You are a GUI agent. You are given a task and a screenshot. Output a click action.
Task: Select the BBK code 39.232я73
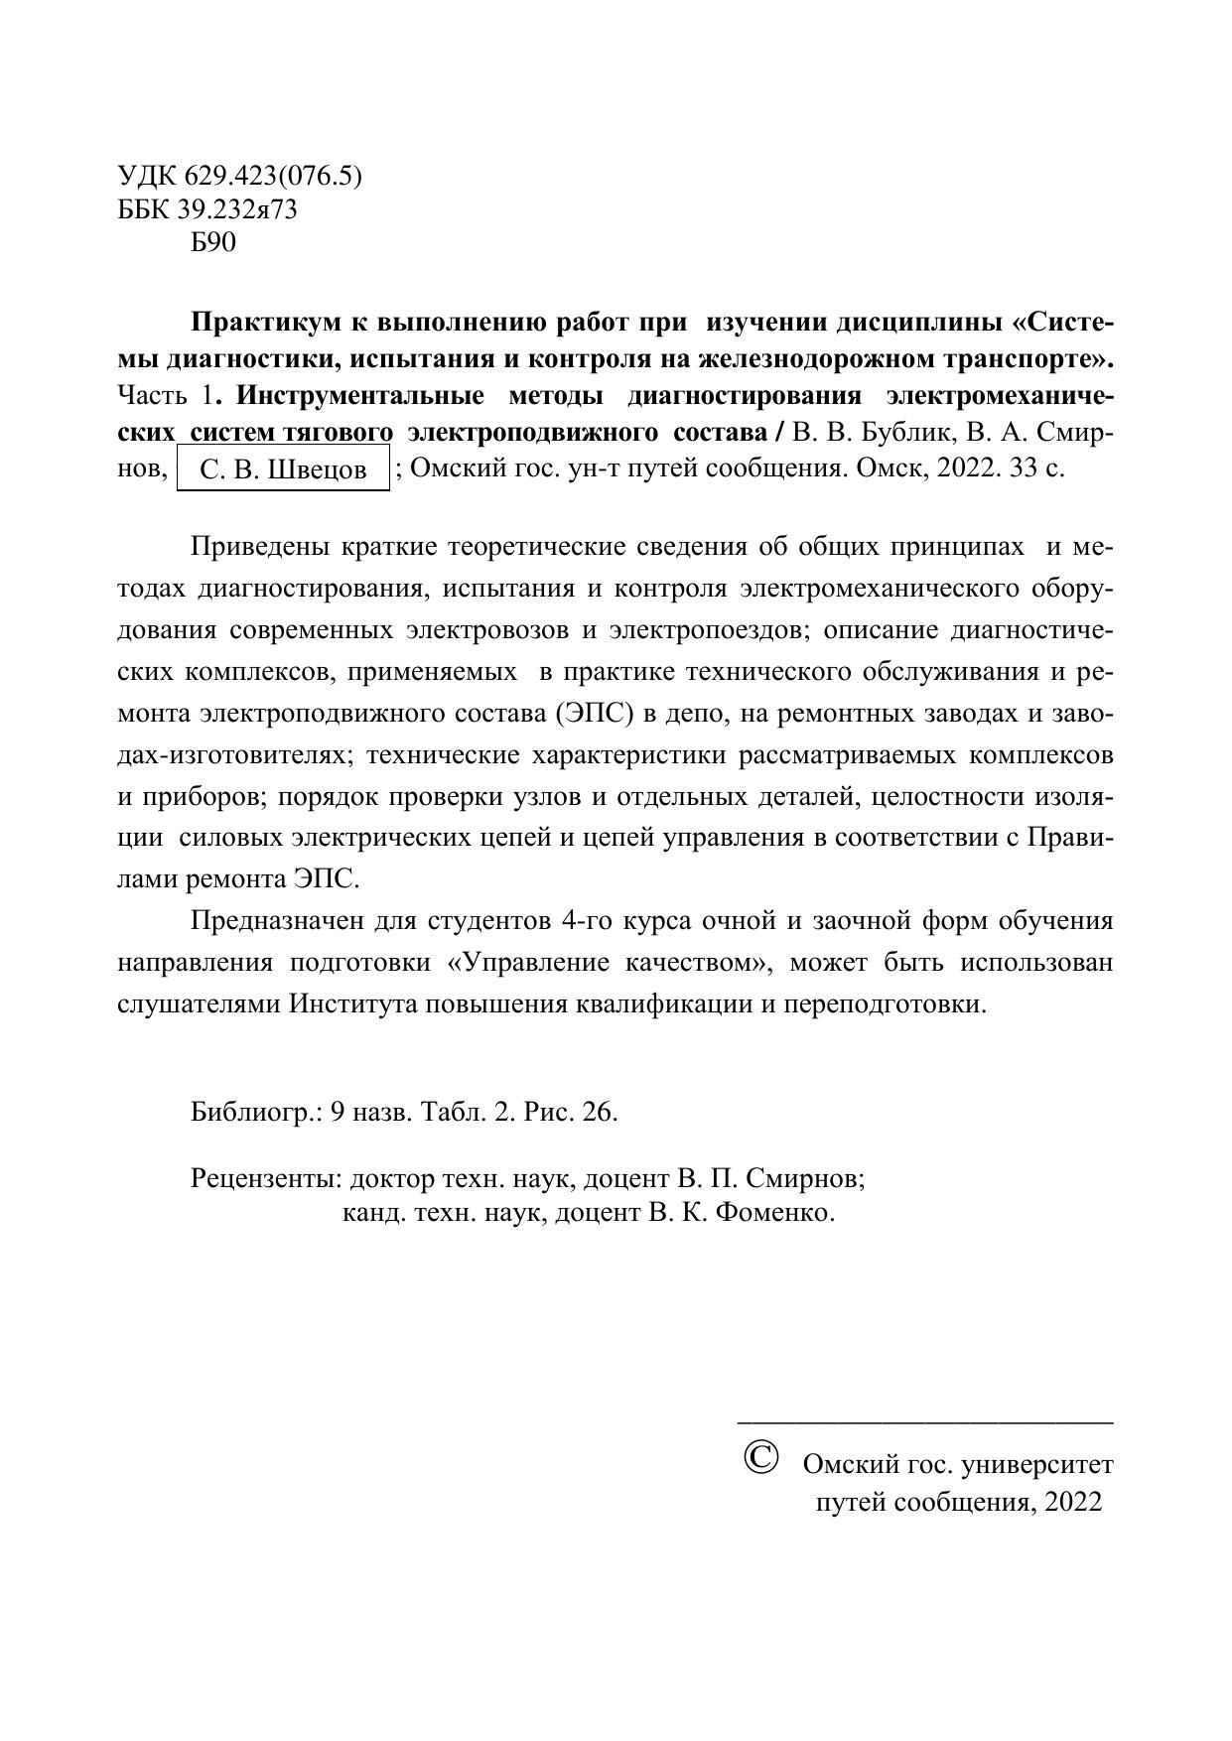click(x=238, y=209)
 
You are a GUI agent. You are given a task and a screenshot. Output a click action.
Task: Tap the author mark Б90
click(x=213, y=242)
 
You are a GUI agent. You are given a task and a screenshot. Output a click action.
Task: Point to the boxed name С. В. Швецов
click(x=283, y=469)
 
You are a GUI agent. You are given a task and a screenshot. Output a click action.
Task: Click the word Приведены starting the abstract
click(x=261, y=547)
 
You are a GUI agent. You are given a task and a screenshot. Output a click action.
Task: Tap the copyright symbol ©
click(x=760, y=1458)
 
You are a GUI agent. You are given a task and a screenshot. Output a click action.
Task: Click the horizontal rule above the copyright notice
click(x=924, y=1423)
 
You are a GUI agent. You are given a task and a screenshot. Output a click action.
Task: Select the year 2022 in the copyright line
click(x=1072, y=1501)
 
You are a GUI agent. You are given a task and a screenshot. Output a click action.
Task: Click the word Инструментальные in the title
click(x=360, y=396)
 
